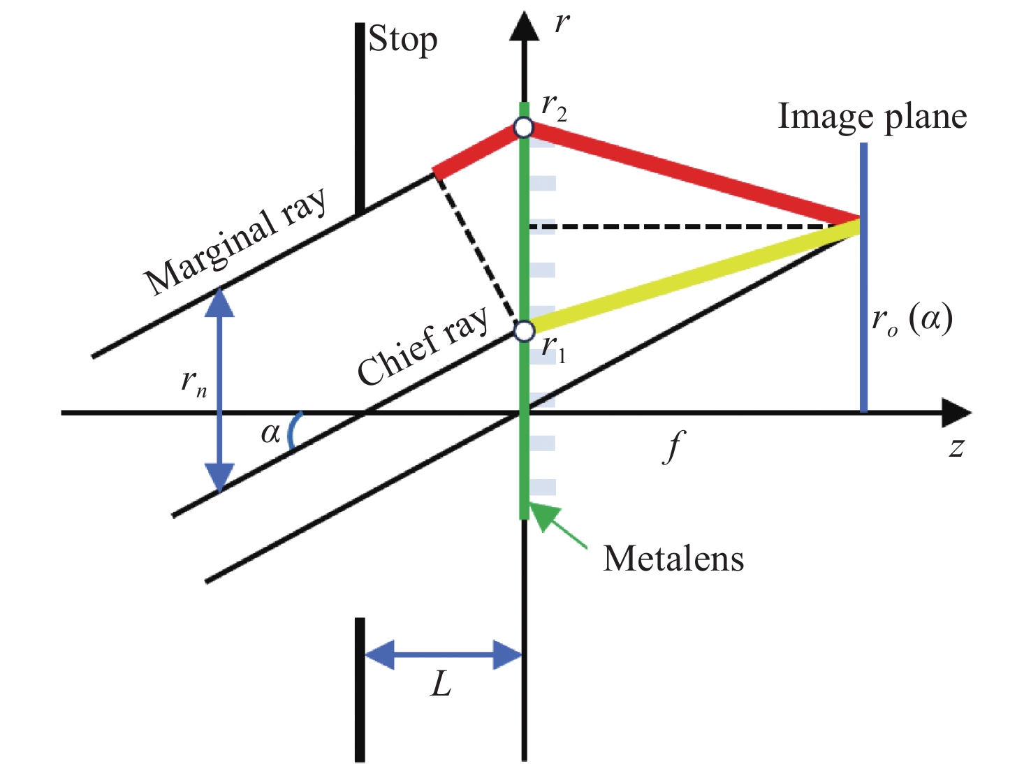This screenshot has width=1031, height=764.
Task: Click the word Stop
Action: pos(403,40)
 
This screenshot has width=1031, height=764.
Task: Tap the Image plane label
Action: pos(872,117)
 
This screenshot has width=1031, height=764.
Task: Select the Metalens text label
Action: pos(673,559)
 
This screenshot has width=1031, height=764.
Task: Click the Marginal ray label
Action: pos(235,241)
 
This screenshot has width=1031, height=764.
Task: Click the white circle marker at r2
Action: pos(523,127)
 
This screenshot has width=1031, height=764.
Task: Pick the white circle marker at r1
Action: pos(524,330)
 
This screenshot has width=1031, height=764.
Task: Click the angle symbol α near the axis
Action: pos(270,434)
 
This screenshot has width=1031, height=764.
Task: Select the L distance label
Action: pos(441,685)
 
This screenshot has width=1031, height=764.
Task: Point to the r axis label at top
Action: pos(562,24)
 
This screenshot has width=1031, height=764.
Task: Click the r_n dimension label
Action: pos(193,383)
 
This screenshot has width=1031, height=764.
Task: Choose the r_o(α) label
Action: pos(912,321)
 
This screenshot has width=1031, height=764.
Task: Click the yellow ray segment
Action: pos(692,277)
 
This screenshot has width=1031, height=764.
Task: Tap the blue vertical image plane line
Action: pos(864,314)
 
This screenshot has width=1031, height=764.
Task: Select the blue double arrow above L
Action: pos(443,655)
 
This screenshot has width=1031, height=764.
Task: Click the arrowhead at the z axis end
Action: pos(955,413)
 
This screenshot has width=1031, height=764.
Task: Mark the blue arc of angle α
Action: pos(294,429)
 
